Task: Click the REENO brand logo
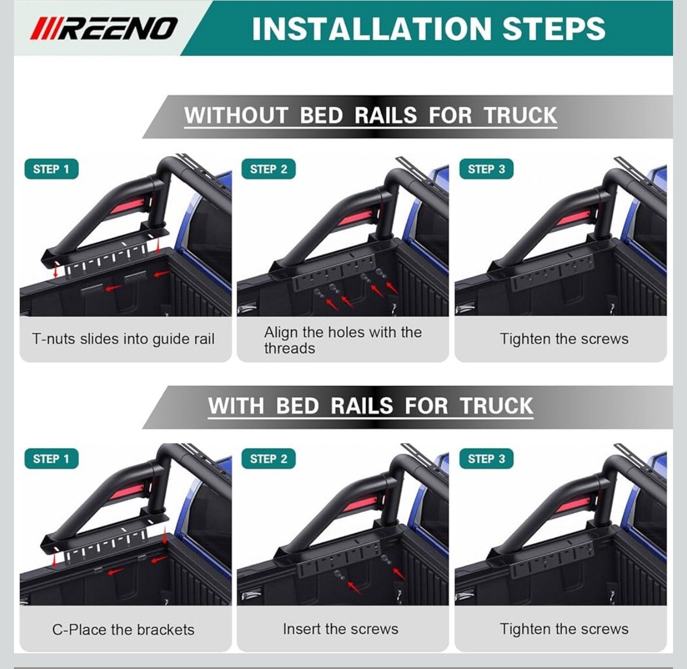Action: click(x=103, y=29)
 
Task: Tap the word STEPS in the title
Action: click(x=554, y=29)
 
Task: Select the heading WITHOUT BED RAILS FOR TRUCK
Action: click(x=370, y=116)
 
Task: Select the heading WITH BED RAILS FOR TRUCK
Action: click(x=370, y=406)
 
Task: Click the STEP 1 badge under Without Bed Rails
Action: click(x=51, y=169)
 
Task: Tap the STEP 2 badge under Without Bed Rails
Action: click(x=269, y=169)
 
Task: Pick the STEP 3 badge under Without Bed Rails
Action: click(x=487, y=169)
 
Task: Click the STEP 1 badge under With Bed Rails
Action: click(x=51, y=459)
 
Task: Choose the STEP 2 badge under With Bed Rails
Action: click(x=269, y=459)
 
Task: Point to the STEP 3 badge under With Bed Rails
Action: click(x=487, y=459)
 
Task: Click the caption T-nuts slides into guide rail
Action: click(x=123, y=339)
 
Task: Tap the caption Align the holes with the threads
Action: click(x=343, y=340)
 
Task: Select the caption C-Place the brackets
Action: click(x=123, y=629)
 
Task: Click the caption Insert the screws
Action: click(x=340, y=629)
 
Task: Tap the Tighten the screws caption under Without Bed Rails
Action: click(x=564, y=339)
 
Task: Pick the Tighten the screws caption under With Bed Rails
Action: click(x=564, y=629)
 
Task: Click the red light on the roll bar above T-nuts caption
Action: click(x=128, y=205)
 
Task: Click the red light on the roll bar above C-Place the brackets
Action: click(x=128, y=493)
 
